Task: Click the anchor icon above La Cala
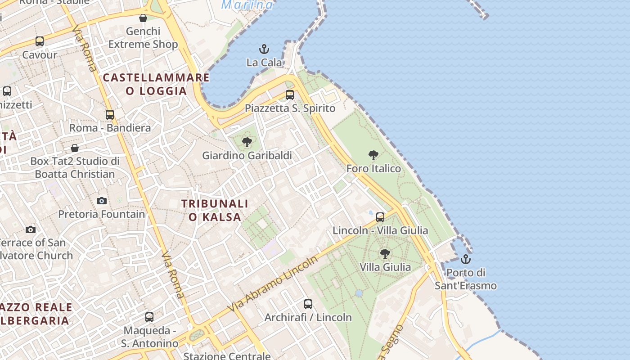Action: (264, 49)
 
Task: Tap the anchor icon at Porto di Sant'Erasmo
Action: (466, 259)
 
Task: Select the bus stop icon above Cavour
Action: (40, 41)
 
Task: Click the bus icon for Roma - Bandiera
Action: (110, 114)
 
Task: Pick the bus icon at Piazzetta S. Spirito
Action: (290, 95)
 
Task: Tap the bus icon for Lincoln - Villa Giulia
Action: (380, 217)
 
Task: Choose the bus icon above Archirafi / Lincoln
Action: (308, 304)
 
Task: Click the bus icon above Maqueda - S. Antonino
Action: (149, 317)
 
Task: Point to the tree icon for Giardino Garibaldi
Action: (247, 143)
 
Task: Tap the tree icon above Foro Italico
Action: (373, 156)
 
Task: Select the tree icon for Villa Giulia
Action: (385, 254)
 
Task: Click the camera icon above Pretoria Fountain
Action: (102, 201)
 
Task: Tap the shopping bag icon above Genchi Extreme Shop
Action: (143, 18)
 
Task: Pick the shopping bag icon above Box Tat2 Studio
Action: (75, 148)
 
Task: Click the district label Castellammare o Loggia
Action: (156, 84)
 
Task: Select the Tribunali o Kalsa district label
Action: (215, 210)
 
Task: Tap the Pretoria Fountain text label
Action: (102, 214)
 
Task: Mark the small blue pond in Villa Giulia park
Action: (359, 293)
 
